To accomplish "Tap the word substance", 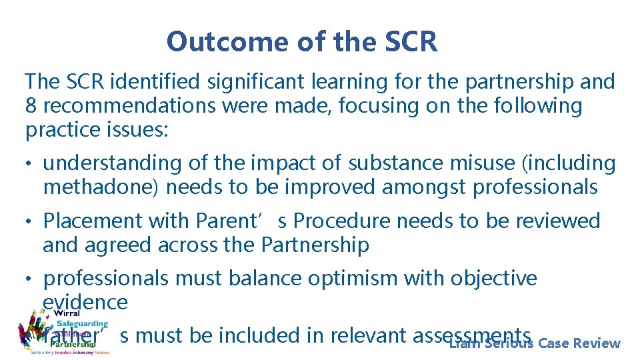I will [390, 163].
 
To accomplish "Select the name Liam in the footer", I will [465, 344].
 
